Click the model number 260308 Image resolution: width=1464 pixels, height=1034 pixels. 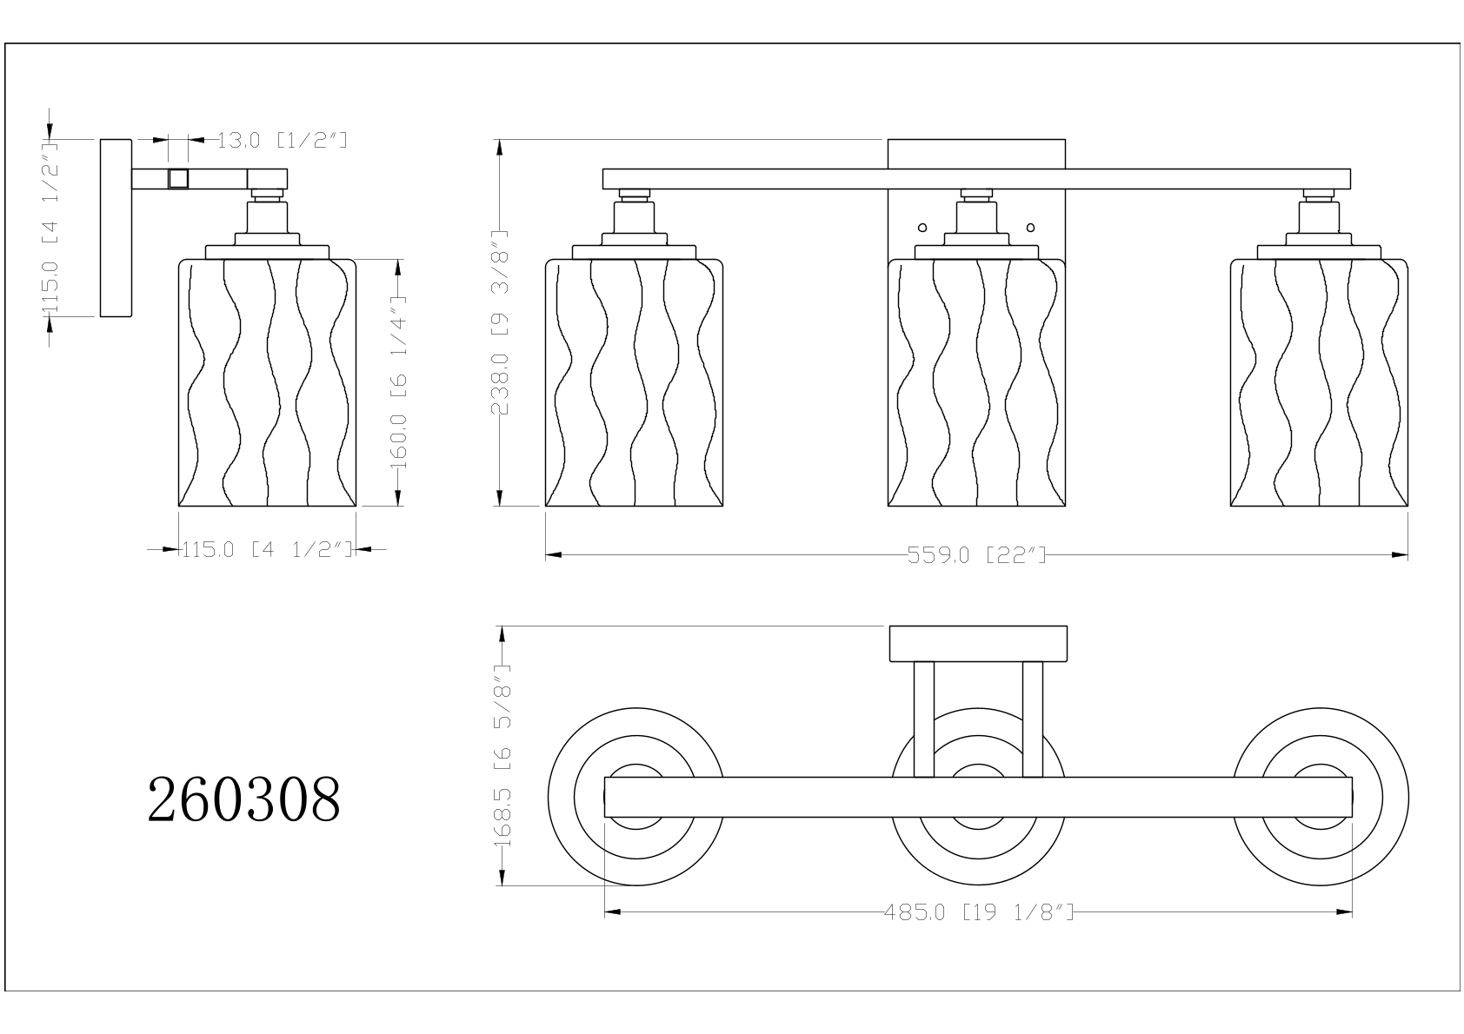(x=243, y=799)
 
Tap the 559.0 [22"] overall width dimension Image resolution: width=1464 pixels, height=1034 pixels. (x=976, y=555)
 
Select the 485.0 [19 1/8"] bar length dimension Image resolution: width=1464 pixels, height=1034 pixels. (x=978, y=911)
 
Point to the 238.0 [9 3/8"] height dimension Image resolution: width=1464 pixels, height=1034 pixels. (x=499, y=322)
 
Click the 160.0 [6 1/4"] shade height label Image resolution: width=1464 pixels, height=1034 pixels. (x=398, y=382)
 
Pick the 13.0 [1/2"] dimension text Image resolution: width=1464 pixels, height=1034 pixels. (x=282, y=140)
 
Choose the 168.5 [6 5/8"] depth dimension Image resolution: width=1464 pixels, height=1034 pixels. (x=502, y=756)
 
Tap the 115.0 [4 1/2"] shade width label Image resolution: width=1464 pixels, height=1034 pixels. (x=267, y=549)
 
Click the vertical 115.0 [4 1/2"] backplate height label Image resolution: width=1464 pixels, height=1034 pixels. (x=50, y=228)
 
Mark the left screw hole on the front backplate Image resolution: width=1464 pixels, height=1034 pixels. (x=922, y=228)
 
